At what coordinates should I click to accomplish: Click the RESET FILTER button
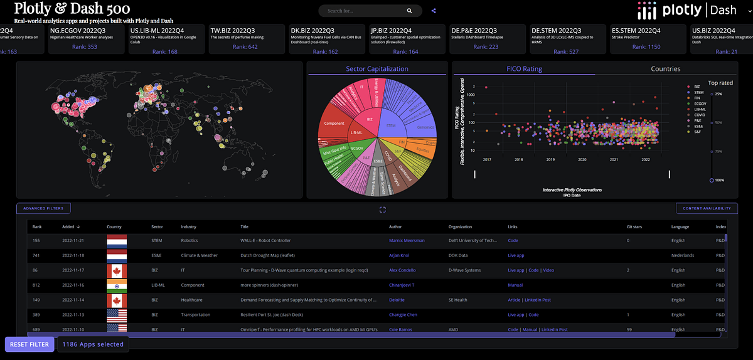[29, 344]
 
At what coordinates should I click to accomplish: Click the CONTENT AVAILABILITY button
[707, 208]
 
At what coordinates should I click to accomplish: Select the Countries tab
[665, 69]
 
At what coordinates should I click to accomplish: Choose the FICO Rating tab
[524, 69]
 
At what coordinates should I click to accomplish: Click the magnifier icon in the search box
[410, 11]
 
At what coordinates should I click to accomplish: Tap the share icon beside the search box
[434, 11]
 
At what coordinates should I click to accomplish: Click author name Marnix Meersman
[407, 240]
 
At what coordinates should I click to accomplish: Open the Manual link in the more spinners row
[515, 285]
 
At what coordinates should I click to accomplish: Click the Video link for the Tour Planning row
[549, 270]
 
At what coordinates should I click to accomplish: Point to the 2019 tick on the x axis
[550, 160]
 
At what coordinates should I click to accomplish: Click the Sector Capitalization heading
[376, 69]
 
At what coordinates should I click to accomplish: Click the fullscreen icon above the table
[382, 209]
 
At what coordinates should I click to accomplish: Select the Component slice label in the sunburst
[334, 124]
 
